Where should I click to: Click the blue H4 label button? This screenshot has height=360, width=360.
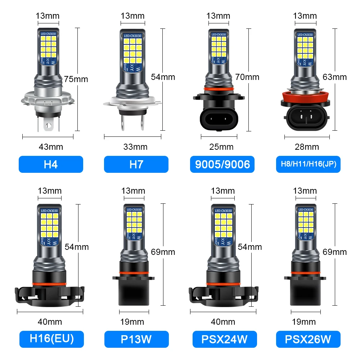click(x=51, y=164)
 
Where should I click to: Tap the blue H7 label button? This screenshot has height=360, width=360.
click(x=136, y=164)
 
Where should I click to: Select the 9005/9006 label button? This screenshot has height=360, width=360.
click(x=222, y=164)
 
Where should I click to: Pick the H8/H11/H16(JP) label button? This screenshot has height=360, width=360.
click(x=308, y=164)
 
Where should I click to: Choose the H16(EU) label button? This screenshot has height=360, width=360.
click(x=51, y=339)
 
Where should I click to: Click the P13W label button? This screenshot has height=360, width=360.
click(x=136, y=339)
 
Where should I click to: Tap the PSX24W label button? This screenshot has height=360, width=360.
click(x=222, y=339)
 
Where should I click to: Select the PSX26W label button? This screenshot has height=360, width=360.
click(x=308, y=339)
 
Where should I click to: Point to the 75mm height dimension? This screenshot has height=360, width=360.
click(x=76, y=79)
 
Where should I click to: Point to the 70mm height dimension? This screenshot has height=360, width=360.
click(x=247, y=77)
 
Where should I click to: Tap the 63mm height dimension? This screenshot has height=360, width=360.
click(x=335, y=77)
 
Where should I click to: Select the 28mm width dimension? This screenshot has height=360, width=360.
click(x=307, y=147)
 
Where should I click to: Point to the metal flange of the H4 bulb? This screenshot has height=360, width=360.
click(x=48, y=98)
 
